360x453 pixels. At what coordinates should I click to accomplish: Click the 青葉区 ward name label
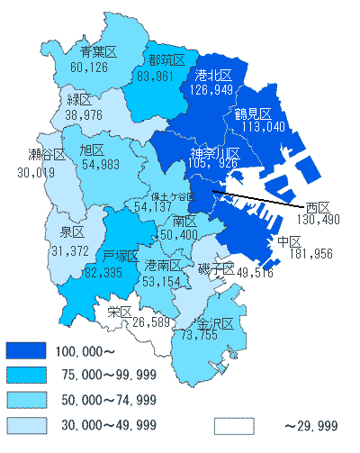(99, 51)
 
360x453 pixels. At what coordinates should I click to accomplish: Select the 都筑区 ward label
(166, 60)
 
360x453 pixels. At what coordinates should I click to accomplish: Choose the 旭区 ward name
(92, 149)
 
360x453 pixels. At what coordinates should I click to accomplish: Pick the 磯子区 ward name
(217, 268)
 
